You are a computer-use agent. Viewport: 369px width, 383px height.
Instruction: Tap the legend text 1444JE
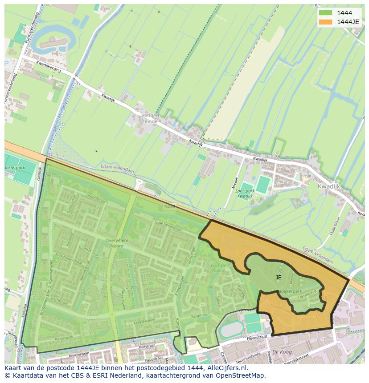[x=348, y=22]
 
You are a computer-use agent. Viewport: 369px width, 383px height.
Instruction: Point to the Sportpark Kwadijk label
[x=245, y=194]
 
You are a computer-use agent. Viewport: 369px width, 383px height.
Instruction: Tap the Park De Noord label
[x=218, y=268]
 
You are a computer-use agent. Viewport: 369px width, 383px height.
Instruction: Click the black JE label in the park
[x=279, y=277]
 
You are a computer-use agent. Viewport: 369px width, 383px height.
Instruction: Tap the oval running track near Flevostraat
[x=231, y=330]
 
